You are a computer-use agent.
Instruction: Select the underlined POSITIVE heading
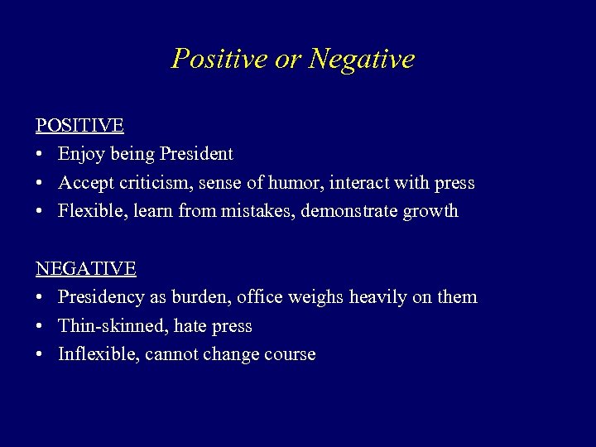[x=79, y=126]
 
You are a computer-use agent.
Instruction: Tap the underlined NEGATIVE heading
[x=86, y=269]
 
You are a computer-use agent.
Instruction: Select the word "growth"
[x=430, y=211]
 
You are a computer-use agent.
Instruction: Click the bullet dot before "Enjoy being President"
[x=40, y=155]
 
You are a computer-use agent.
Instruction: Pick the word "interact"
[x=359, y=182]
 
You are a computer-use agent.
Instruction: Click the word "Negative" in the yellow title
[x=362, y=59]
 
